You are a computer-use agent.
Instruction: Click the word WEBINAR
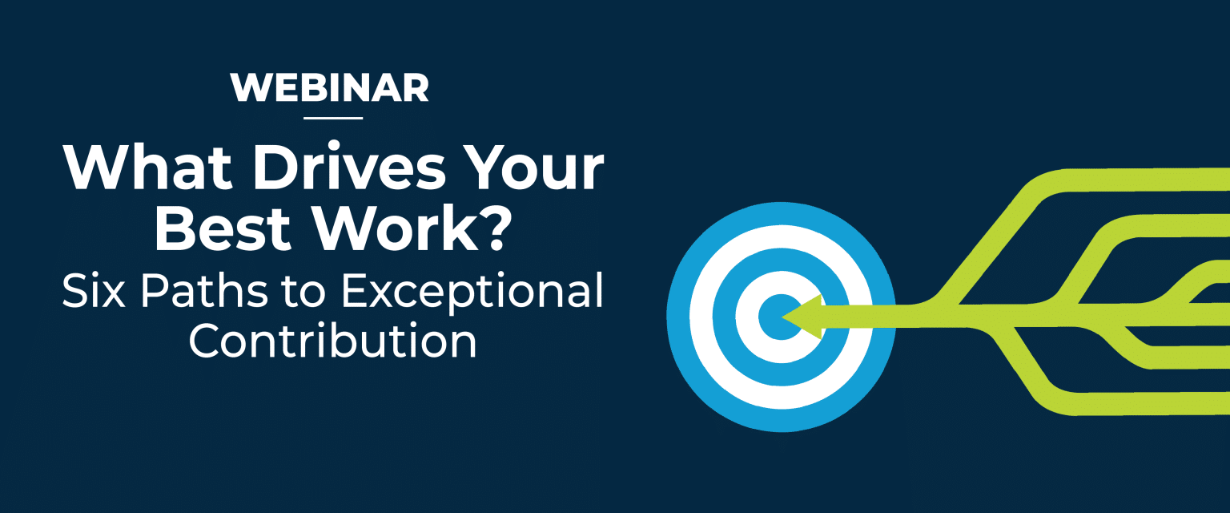click(x=329, y=88)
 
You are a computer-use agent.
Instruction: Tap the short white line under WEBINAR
click(x=333, y=118)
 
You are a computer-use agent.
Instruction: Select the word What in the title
click(x=147, y=168)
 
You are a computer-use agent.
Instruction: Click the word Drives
click(x=349, y=168)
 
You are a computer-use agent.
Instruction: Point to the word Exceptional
click(x=472, y=292)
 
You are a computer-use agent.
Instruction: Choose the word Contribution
click(x=333, y=341)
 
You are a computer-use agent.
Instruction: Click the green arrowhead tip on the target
click(x=782, y=317)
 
